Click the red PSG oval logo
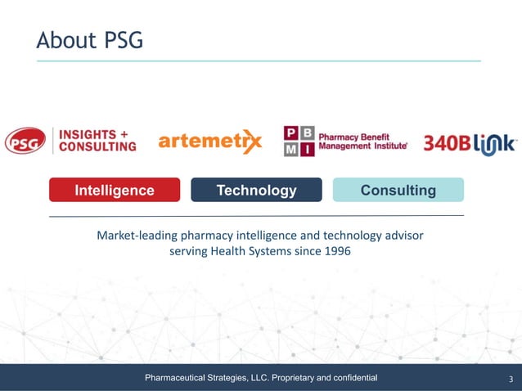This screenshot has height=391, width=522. pos(25,141)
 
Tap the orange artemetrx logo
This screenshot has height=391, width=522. pos(210,142)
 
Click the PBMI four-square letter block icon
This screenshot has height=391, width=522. pos(298,141)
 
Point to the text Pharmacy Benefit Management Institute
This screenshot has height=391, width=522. pos(362,141)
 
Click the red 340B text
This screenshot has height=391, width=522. pos(447,144)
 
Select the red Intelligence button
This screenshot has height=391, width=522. pos(115,191)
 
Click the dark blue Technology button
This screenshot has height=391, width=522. pos(256,191)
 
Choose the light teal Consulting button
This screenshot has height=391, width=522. pos(398,191)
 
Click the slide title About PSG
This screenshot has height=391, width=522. pos(90,39)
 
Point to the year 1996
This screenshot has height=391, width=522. pos(337,251)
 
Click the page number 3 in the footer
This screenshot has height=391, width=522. pos(511,379)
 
